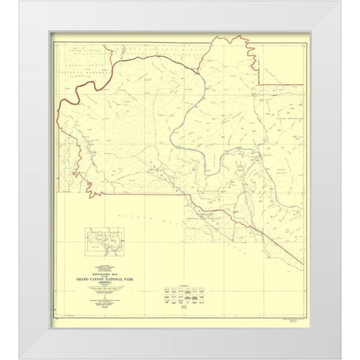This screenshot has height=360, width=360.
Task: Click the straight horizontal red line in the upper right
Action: click(x=281, y=84)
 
